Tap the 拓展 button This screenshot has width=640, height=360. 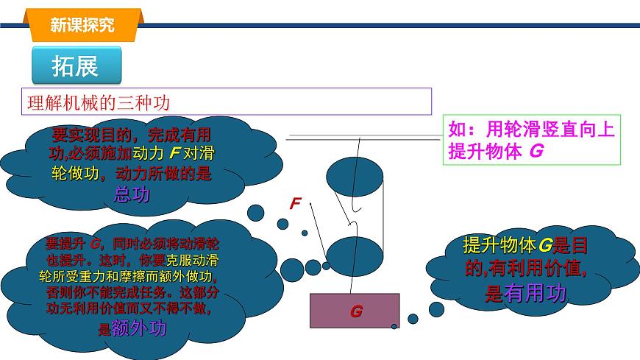click(74, 66)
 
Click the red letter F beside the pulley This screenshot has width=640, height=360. click(295, 203)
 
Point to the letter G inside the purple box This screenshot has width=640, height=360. click(356, 311)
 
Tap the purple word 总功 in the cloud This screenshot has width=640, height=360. click(132, 194)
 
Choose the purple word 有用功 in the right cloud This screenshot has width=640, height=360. click(536, 293)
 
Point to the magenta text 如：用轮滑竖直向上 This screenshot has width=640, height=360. click(530, 130)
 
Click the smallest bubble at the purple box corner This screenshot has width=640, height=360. click(394, 326)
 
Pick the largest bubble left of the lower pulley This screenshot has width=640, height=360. click(313, 267)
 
